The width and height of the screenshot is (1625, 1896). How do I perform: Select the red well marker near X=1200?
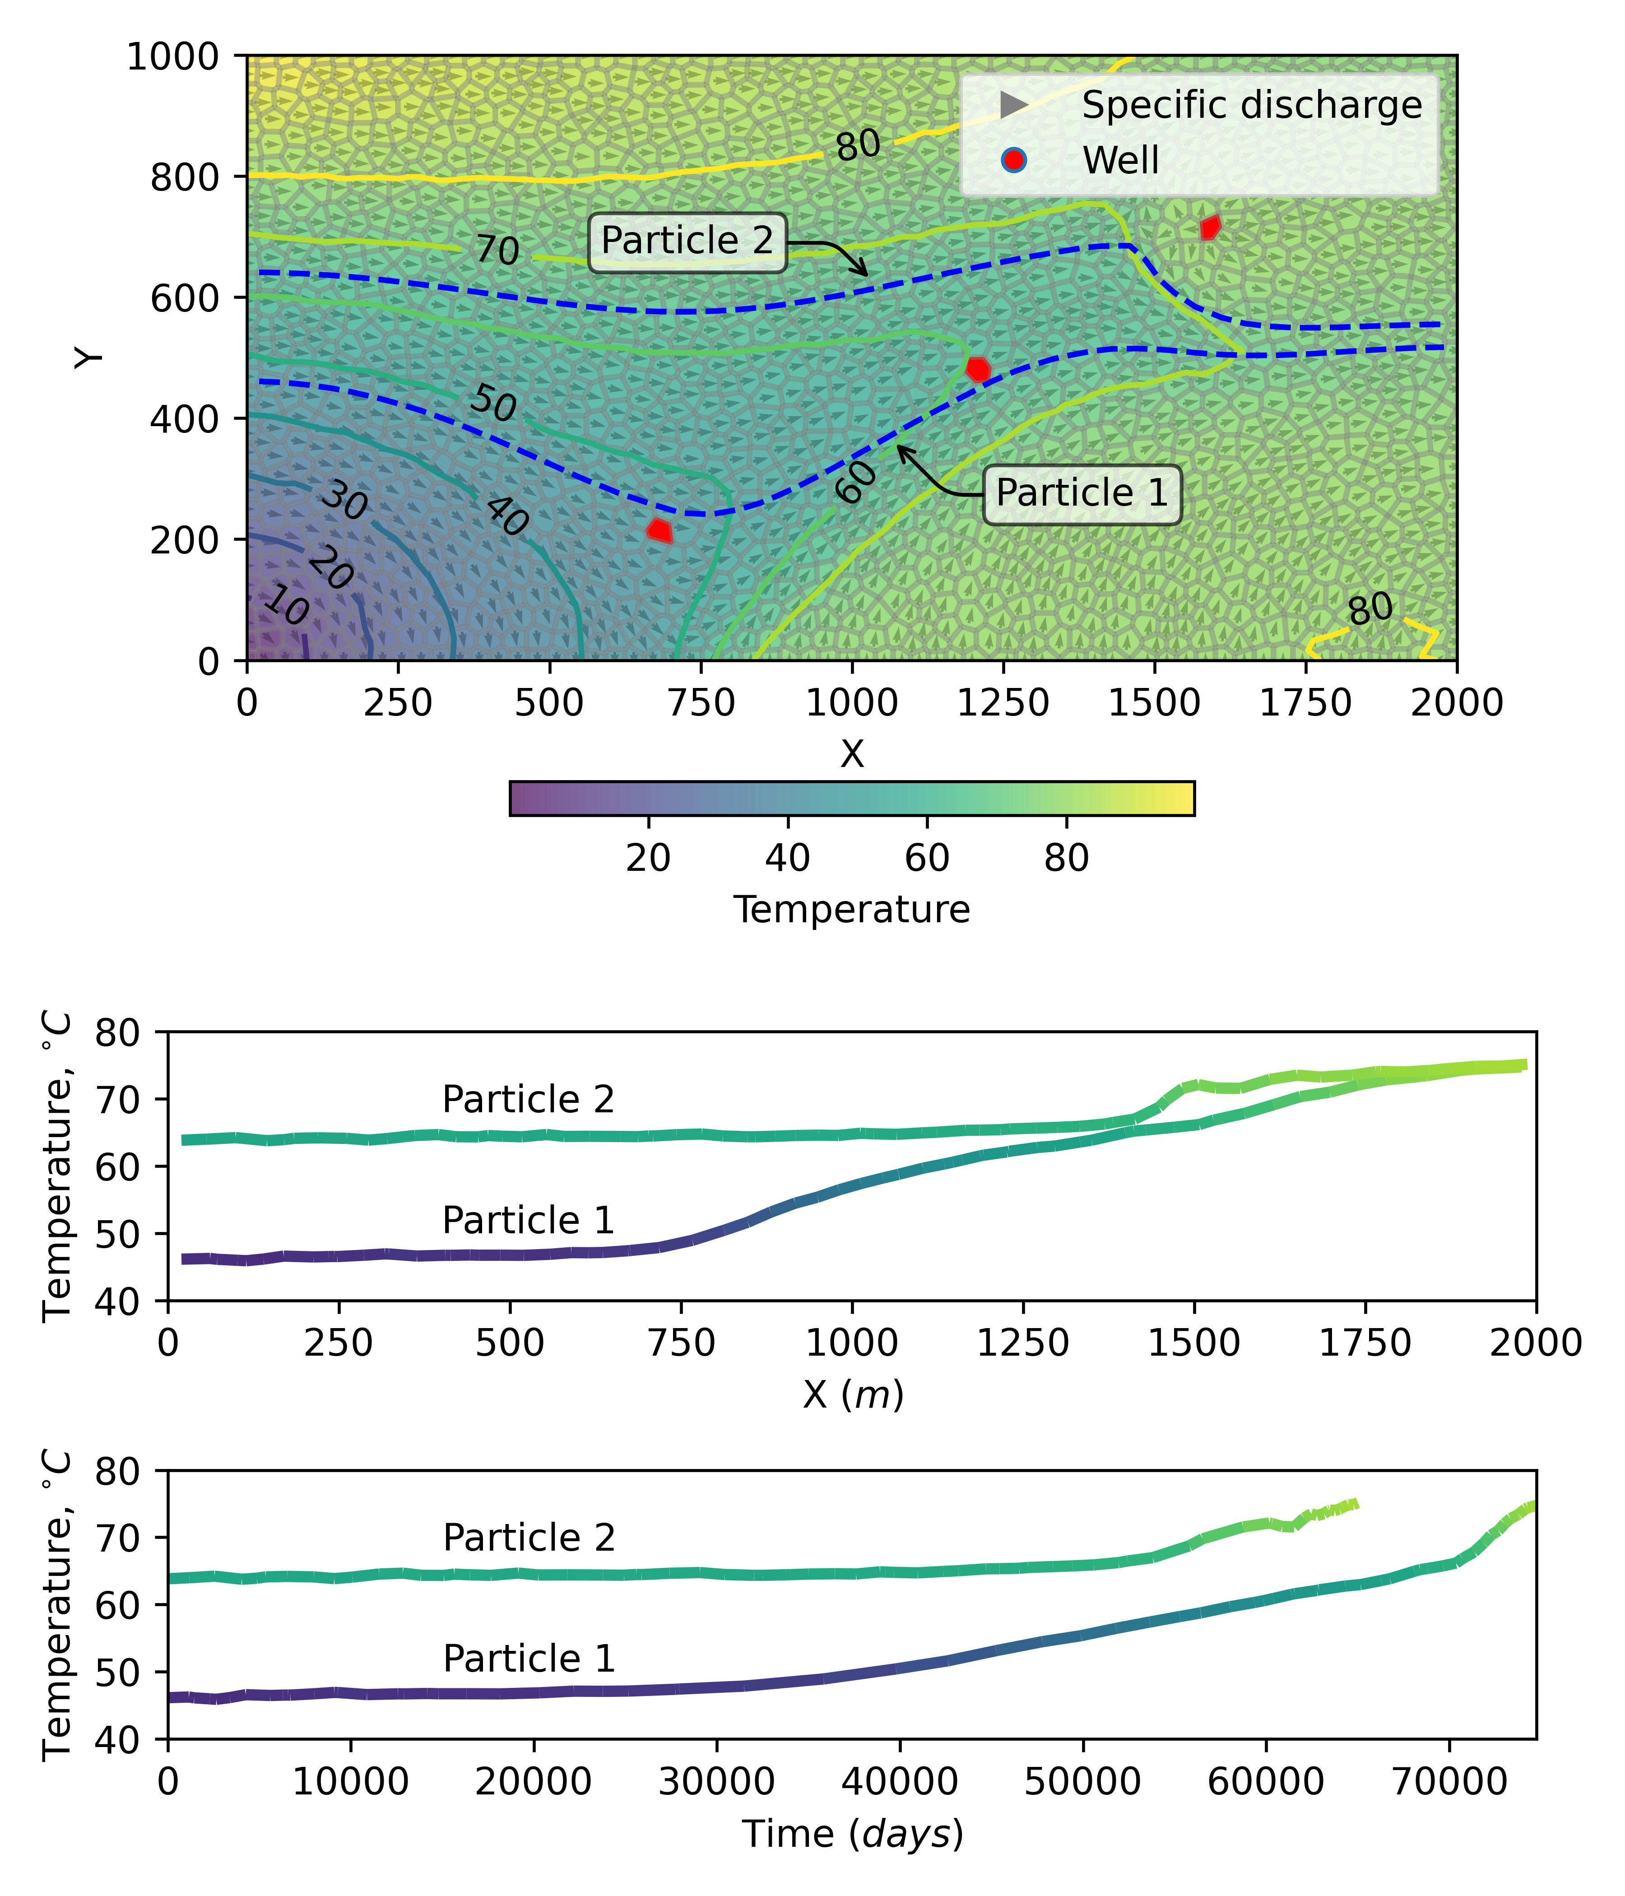click(x=978, y=369)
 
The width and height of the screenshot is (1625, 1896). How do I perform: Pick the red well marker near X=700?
click(x=659, y=530)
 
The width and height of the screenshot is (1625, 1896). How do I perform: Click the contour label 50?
click(x=493, y=404)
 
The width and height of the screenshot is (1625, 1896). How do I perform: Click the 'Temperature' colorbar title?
click(x=852, y=910)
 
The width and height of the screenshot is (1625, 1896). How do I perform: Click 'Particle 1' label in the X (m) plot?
click(x=528, y=1221)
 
